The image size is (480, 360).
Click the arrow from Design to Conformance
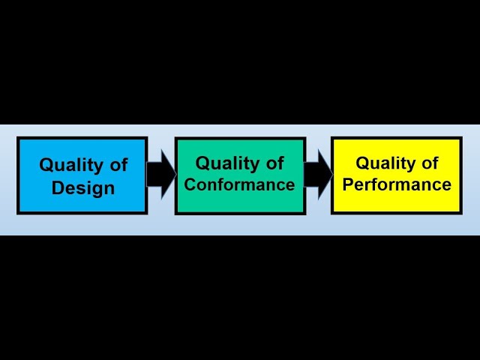(x=160, y=174)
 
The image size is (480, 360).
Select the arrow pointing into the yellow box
(x=318, y=174)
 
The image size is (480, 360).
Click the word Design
(x=82, y=187)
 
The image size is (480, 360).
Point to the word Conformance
(x=240, y=184)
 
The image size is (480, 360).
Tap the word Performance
(x=397, y=184)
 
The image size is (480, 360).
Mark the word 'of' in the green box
(x=274, y=163)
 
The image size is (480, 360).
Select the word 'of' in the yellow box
(x=430, y=163)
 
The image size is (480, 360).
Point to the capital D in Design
(x=57, y=187)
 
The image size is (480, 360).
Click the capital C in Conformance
(x=190, y=184)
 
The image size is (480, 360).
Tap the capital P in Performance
(x=348, y=184)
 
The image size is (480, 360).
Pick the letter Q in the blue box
(x=46, y=165)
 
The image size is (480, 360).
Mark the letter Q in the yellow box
(x=362, y=163)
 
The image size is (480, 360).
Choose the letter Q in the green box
(x=202, y=163)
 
